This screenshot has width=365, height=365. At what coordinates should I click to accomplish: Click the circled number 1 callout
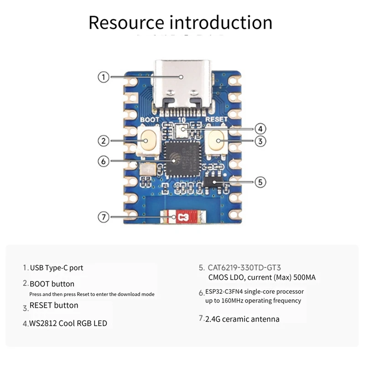[x=104, y=77]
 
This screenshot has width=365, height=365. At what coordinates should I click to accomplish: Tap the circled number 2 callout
[x=104, y=141]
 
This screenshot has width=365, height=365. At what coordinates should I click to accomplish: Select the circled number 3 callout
[x=260, y=141]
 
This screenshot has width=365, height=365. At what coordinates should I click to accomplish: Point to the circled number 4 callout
[x=260, y=129]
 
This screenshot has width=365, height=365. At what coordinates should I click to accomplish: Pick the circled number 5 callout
[x=260, y=182]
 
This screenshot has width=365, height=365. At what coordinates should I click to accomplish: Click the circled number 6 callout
[x=104, y=161]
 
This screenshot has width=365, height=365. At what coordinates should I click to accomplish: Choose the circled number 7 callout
[x=104, y=217]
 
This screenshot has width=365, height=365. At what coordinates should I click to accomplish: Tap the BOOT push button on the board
[x=149, y=141]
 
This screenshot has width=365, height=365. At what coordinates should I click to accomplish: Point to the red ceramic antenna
[x=182, y=218]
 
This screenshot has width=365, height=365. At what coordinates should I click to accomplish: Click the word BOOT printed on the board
[x=149, y=120]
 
